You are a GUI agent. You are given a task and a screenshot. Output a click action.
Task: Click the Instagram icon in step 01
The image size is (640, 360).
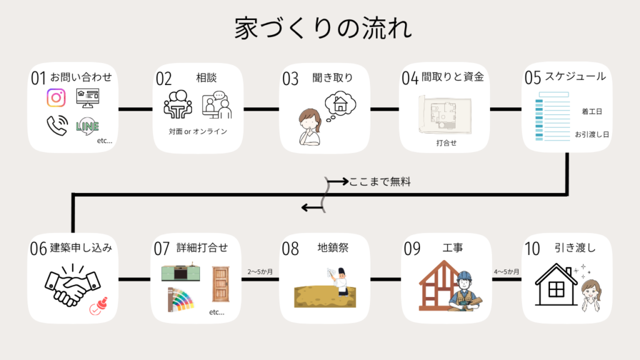(x=56, y=98)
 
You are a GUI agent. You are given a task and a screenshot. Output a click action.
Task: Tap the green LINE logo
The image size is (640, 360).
(x=87, y=126)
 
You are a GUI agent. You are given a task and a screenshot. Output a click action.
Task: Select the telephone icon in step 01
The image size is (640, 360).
(x=56, y=126)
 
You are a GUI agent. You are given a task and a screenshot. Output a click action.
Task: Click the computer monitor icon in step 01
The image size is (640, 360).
(x=87, y=97)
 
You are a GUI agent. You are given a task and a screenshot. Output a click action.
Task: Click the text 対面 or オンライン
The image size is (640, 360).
(x=197, y=131)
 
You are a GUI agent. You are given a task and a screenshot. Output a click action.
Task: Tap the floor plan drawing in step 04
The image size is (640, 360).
(x=445, y=115)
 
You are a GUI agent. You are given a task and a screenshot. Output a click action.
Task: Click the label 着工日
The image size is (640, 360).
(x=591, y=111)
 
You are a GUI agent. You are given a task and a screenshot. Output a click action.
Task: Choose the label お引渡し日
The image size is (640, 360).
(x=592, y=134)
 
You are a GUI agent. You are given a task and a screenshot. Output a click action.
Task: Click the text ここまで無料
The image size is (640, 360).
(x=380, y=182)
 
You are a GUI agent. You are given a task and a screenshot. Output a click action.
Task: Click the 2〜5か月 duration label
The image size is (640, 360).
(x=260, y=272)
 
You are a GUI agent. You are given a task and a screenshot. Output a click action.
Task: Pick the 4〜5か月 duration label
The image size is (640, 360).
(x=506, y=272)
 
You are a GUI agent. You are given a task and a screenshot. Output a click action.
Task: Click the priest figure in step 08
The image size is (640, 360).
(x=339, y=282)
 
